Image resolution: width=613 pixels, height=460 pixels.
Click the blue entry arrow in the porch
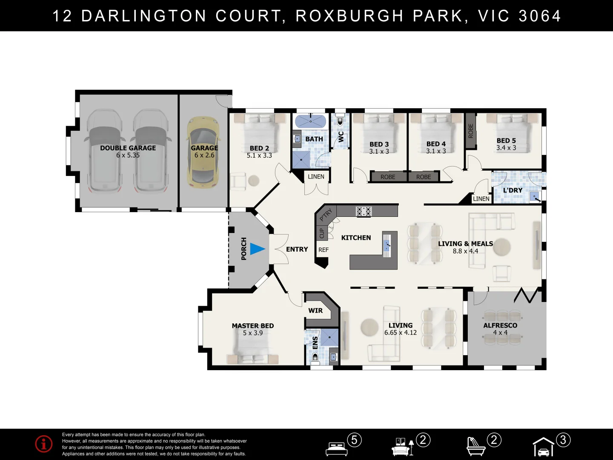(x=258, y=249)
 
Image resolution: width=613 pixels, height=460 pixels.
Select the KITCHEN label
(x=356, y=238)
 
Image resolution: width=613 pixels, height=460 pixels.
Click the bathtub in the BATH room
(x=310, y=121)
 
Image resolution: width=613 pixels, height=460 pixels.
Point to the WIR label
(x=315, y=310)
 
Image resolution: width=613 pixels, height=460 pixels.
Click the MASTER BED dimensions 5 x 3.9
(x=253, y=333)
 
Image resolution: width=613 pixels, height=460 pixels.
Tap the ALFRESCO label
(x=500, y=325)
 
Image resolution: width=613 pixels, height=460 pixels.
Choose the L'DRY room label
(x=513, y=190)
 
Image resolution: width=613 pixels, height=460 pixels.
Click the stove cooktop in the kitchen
(x=364, y=211)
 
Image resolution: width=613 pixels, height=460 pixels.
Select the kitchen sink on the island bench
(x=387, y=245)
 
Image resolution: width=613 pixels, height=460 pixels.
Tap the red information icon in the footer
(x=44, y=444)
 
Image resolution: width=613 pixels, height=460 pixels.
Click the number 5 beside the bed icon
(x=354, y=440)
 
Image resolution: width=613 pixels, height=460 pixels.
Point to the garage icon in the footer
(x=544, y=447)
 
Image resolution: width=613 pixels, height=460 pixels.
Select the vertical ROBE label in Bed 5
(x=470, y=131)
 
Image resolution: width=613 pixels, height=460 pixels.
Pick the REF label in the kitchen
(x=324, y=250)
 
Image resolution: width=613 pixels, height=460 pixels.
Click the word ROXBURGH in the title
(x=349, y=16)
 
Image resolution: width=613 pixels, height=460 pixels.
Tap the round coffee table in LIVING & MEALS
(x=501, y=247)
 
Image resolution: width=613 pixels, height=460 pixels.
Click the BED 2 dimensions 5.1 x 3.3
(x=259, y=155)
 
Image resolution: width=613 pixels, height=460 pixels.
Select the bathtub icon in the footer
(x=476, y=447)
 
